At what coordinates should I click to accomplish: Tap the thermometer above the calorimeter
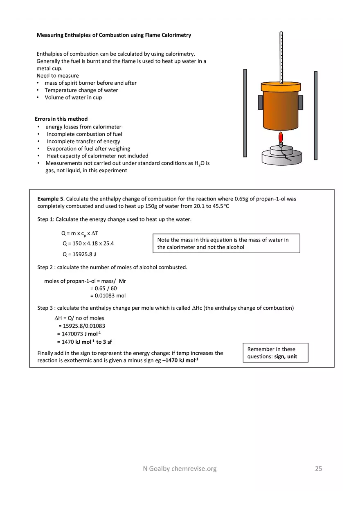coord(281,57)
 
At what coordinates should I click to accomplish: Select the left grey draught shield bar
coord(245,113)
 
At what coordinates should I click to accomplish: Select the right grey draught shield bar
coord(315,115)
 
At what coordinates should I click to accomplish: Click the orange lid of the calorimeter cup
coord(281,87)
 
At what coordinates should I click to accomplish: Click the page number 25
coord(318,468)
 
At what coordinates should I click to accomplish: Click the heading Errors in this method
coord(61,119)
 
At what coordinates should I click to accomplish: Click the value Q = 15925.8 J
coord(79,254)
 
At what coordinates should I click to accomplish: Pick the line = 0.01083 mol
coord(108,295)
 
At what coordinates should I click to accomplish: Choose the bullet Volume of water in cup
coord(73,97)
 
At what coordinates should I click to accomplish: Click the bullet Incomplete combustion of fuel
coord(84,134)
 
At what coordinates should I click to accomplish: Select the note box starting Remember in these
coord(275,353)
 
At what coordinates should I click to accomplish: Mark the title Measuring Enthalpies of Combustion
coord(114,35)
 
